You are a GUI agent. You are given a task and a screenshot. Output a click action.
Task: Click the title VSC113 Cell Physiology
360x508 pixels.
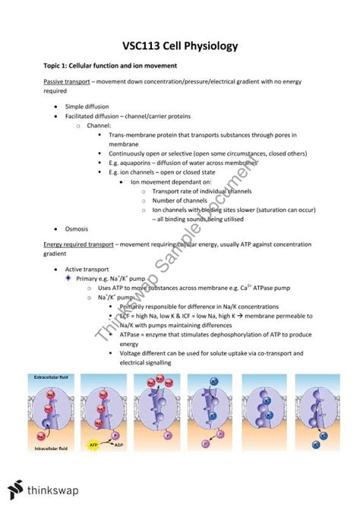coord(180,46)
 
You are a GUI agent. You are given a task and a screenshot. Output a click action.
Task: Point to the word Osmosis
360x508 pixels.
coord(78,229)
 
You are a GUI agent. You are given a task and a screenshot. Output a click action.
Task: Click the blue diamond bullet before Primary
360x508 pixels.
coord(68,279)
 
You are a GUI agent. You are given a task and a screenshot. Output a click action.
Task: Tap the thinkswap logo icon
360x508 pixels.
coord(13,490)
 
